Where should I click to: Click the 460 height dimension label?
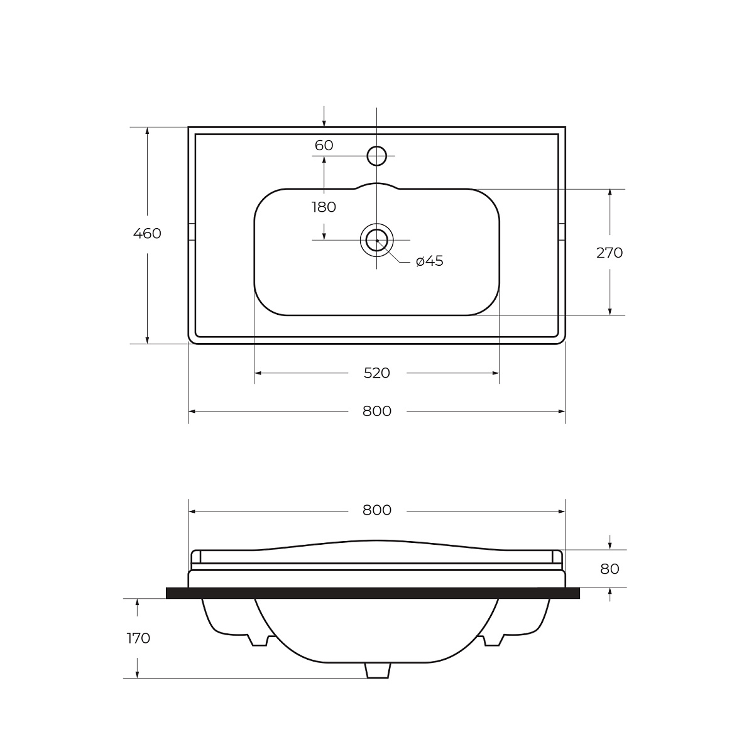pyautogui.click(x=147, y=234)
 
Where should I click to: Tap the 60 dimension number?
pyautogui.click(x=324, y=146)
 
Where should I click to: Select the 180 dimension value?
pyautogui.click(x=324, y=207)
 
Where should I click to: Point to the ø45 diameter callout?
pyautogui.click(x=430, y=261)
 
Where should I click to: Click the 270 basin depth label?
pyautogui.click(x=609, y=253)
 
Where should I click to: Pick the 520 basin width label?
pyautogui.click(x=377, y=373)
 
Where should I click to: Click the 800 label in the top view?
pyautogui.click(x=377, y=411)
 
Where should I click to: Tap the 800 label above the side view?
pyautogui.click(x=377, y=510)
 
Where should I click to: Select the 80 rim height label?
pyautogui.click(x=609, y=569)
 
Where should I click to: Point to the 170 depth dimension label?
pyautogui.click(x=138, y=638)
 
